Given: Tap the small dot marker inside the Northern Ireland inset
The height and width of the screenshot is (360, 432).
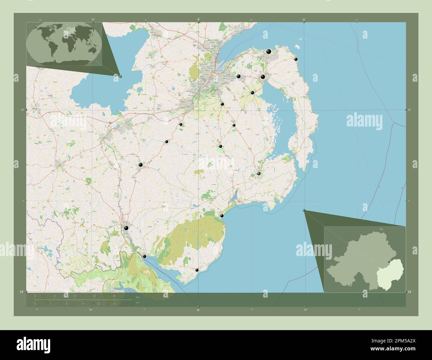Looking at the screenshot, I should pos(388,262).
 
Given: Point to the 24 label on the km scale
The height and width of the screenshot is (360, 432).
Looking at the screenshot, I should pos(114,296).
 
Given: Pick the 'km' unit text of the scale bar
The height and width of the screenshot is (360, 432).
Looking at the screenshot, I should pos(138,297).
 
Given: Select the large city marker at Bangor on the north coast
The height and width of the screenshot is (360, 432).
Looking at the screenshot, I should pos(269,51).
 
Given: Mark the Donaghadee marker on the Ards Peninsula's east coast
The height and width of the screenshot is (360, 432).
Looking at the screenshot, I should pos(296,59).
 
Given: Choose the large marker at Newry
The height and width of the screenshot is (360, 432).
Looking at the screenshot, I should pos(126,228).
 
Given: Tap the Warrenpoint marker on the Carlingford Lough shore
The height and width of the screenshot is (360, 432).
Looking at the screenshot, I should pos(144,256).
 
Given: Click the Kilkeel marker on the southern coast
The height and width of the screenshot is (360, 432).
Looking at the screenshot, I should pos(197,270).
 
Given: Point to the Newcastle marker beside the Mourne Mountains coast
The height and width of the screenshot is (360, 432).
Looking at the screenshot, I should pos(222,216).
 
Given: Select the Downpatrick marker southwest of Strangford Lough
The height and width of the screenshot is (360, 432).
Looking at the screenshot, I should pos(259,173).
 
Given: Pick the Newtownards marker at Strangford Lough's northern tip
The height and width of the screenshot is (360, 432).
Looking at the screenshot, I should pos(263,77).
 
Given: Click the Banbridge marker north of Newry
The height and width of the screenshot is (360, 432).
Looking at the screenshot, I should pos(141,165).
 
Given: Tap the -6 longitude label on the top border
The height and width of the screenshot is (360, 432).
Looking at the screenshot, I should pos(198,19).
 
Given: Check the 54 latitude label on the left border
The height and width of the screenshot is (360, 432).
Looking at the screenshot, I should pos(21,292).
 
